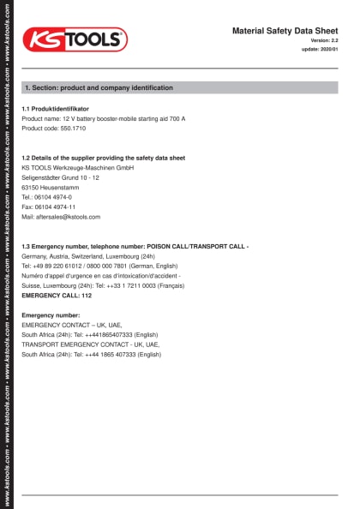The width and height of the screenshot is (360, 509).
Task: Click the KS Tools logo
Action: click(75, 39)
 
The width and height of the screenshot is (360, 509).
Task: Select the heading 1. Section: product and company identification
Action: click(99, 87)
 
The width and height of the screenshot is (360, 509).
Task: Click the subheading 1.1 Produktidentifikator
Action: click(55, 109)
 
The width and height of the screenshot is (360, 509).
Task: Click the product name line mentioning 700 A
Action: click(103, 118)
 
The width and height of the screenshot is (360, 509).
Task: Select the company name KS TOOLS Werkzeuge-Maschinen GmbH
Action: click(77, 168)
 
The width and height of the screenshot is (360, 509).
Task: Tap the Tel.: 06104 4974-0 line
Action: click(46, 197)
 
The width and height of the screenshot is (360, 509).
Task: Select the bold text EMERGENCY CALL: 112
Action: click(56, 295)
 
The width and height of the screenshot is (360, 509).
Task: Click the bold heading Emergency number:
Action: click(50, 315)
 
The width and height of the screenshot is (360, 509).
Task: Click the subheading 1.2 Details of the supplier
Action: click(103, 158)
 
